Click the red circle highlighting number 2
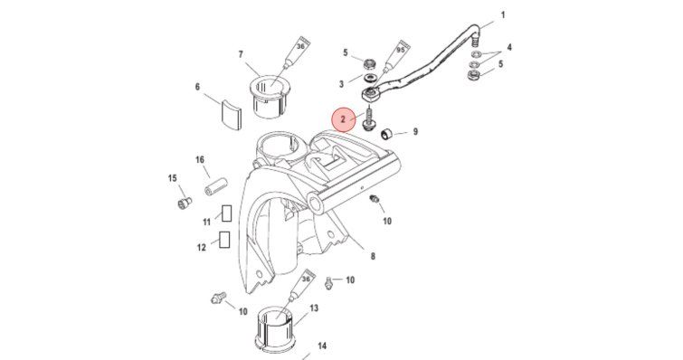343,118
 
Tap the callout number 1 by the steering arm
503,15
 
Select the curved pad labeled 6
231,116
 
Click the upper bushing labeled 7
265,99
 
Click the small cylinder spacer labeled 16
214,187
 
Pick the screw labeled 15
185,203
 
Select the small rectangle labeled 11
226,213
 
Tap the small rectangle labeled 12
224,240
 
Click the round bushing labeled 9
386,135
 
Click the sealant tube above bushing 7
294,53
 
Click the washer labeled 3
371,80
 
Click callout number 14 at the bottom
322,346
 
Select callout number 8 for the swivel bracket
373,256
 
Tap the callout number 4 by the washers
509,47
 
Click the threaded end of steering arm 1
476,42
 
